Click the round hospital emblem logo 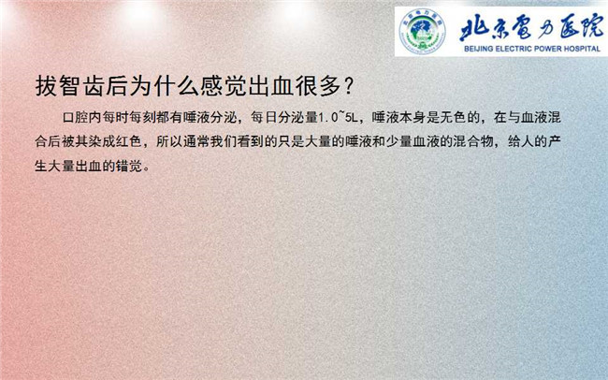click(x=422, y=31)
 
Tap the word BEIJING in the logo click(x=479, y=50)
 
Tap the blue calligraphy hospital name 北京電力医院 click(x=532, y=29)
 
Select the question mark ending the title click(x=348, y=86)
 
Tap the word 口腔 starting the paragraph click(x=76, y=117)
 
